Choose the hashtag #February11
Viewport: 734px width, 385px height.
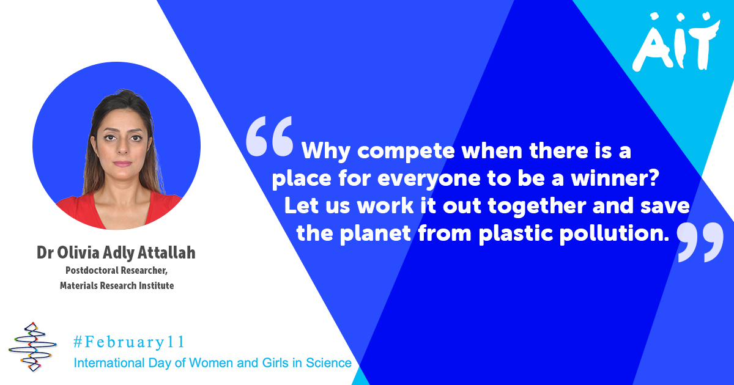tap(128, 341)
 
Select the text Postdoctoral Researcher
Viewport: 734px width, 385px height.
tap(116, 271)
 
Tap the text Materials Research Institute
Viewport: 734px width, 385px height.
tap(116, 285)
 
